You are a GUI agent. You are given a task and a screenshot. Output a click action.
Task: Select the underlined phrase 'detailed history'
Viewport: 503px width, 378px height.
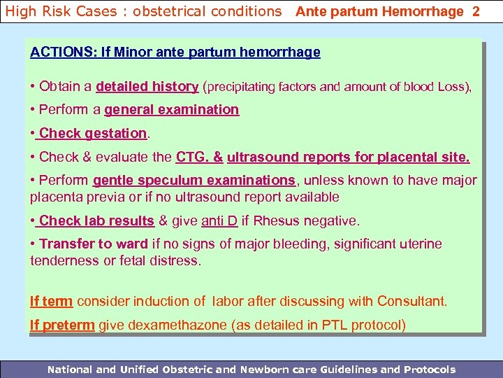[147, 87]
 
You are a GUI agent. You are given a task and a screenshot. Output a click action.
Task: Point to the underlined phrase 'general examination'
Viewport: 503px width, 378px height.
[172, 109]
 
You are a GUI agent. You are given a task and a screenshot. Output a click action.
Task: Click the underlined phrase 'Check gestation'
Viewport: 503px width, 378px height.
[94, 133]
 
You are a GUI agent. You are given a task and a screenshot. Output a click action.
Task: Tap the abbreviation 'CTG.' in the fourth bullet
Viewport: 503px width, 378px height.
[193, 157]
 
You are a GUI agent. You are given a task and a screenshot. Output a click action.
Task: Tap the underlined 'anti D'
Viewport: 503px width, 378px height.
[219, 221]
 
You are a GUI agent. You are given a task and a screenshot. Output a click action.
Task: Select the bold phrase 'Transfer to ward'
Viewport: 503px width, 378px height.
[94, 244]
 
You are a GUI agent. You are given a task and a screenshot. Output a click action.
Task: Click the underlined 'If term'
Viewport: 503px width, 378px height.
[51, 302]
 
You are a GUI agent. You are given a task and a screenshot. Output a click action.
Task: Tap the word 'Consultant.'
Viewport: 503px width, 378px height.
[411, 302]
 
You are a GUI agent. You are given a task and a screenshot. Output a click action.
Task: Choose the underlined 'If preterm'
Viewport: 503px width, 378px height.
[62, 325]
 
